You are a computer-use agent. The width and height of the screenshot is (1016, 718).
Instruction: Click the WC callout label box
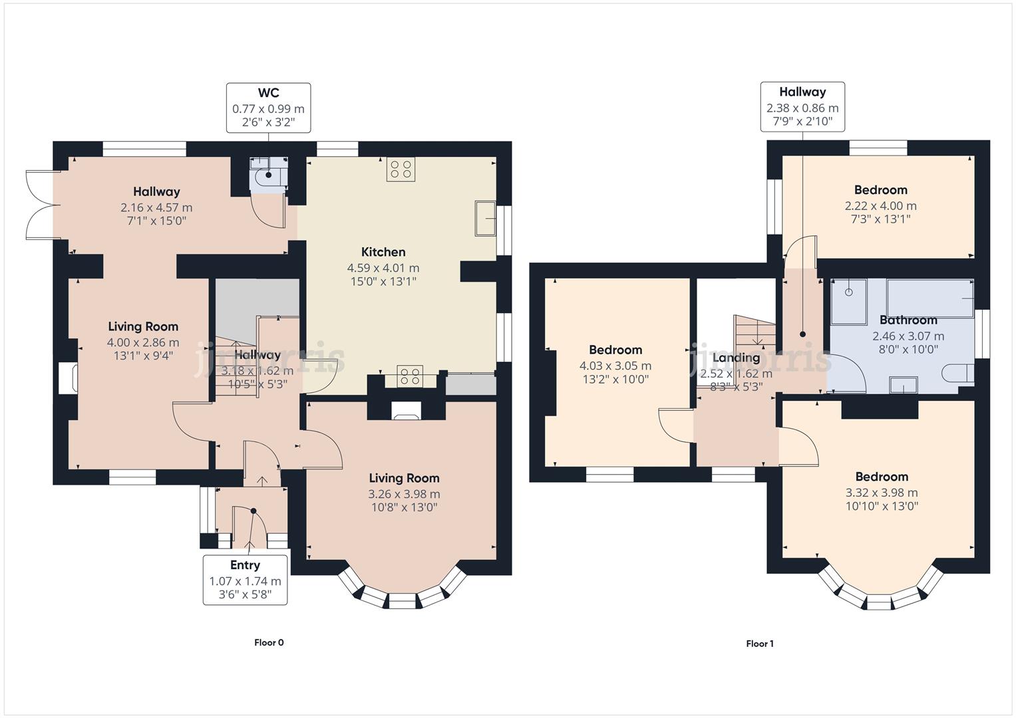[x=268, y=107]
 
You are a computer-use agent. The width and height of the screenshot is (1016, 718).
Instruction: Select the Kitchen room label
[x=383, y=252]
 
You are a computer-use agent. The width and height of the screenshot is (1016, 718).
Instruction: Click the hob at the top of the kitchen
[x=401, y=169]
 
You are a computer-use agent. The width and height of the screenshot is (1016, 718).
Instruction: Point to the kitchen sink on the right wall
[x=485, y=217]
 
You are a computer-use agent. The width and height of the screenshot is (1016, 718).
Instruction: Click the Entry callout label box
[x=245, y=580]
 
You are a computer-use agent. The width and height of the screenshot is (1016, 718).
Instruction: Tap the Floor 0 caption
[x=269, y=642]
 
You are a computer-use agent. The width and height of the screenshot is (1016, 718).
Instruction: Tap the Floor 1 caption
[x=760, y=644]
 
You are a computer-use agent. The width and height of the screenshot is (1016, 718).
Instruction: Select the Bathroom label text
[x=908, y=320]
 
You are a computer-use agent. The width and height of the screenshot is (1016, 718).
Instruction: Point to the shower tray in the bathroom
[x=849, y=300]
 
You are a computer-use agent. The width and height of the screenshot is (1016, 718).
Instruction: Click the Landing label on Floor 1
[x=736, y=358]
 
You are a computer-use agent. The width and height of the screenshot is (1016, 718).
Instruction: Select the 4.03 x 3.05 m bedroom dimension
[x=615, y=366]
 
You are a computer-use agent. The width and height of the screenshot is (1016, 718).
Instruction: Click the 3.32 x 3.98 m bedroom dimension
[x=882, y=493]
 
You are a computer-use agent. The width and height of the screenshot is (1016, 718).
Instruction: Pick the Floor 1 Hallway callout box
[x=802, y=106]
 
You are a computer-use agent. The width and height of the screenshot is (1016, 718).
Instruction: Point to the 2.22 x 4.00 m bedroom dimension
[x=880, y=206]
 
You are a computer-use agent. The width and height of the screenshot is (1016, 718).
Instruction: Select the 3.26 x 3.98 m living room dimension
[x=404, y=494]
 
